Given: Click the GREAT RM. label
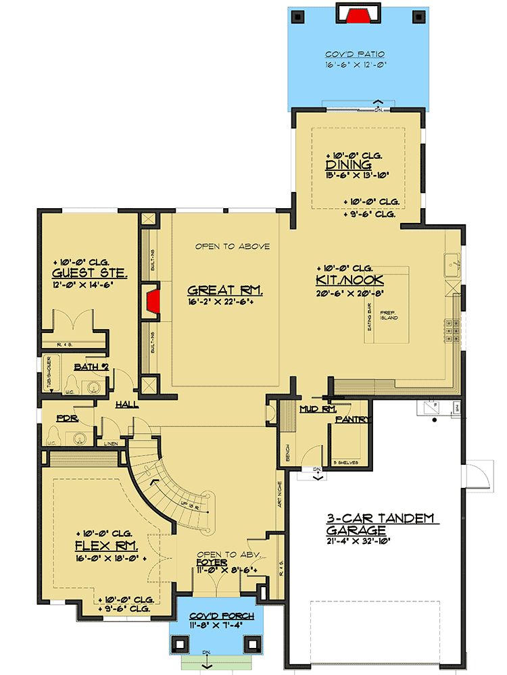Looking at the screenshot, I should point(224,291).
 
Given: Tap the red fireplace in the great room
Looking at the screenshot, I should point(153,299).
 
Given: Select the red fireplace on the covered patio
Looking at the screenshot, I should point(358,14).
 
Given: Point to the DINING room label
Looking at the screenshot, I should point(348,165).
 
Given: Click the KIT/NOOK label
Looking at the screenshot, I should point(349,280).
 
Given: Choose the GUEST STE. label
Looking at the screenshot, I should point(80,274).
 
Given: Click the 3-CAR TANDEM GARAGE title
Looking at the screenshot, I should point(383,524).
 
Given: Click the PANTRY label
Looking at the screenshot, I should point(352,420).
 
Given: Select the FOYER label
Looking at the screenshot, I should point(212,561).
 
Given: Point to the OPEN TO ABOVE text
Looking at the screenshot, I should point(233,247).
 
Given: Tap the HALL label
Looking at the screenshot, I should point(127,404).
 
